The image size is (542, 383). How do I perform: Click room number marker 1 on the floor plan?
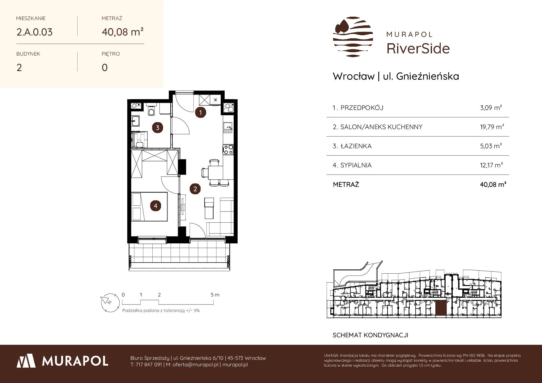[201, 112]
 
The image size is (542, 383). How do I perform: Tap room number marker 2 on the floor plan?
[195, 189]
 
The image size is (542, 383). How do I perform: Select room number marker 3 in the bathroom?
[158, 127]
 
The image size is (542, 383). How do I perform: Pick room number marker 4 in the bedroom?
[156, 206]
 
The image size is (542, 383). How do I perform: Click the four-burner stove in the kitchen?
[228, 150]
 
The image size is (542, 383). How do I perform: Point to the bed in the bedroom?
[150, 207]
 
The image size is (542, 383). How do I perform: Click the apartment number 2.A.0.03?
[35, 32]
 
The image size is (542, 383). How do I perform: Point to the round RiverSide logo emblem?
[353, 37]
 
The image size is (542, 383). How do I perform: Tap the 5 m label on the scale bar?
[215, 295]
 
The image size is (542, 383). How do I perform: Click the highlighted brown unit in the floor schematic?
[440, 309]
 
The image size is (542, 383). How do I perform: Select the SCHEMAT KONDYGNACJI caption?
[371, 335]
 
